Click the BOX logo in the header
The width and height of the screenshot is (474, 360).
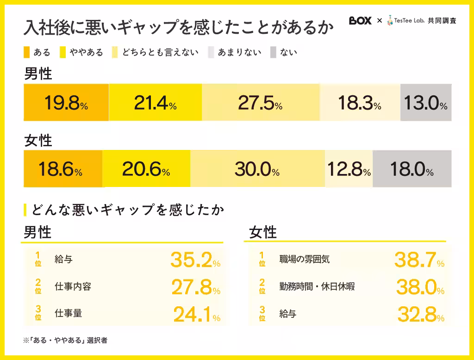(x=360, y=21)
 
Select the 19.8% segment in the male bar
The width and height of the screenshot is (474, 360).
(x=66, y=103)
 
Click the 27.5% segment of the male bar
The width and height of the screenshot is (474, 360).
(x=260, y=103)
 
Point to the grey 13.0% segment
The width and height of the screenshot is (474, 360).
(x=425, y=103)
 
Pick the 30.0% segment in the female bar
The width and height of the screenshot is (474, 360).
(x=257, y=169)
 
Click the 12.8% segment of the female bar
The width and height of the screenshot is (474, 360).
(x=349, y=169)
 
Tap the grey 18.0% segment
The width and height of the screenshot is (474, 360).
(x=412, y=169)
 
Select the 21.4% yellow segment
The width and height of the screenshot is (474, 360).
(x=155, y=103)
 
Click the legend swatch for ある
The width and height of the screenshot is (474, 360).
(x=26, y=52)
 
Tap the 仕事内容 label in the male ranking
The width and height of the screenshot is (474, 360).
(x=73, y=286)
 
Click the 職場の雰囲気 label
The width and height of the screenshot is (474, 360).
(x=304, y=259)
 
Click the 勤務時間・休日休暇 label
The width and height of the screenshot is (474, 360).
(x=317, y=286)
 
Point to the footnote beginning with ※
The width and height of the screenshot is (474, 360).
(x=65, y=340)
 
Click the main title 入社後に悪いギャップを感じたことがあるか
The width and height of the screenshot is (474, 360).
(x=178, y=28)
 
